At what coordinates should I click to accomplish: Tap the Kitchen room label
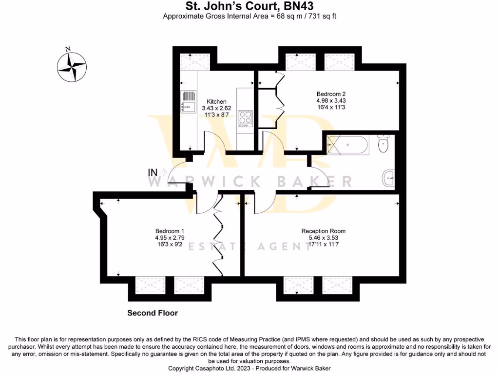[216, 102]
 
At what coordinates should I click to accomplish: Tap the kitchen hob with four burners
[245, 118]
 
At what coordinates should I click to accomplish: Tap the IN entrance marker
[153, 172]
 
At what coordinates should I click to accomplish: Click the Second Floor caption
[153, 313]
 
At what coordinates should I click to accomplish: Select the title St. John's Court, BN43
[249, 6]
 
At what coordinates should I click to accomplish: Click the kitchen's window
[194, 62]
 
